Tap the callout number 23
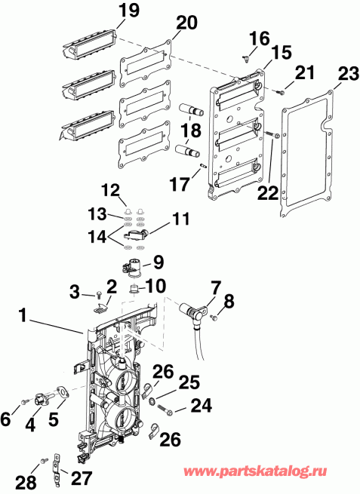(x=347, y=74)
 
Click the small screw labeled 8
(x=214, y=318)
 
